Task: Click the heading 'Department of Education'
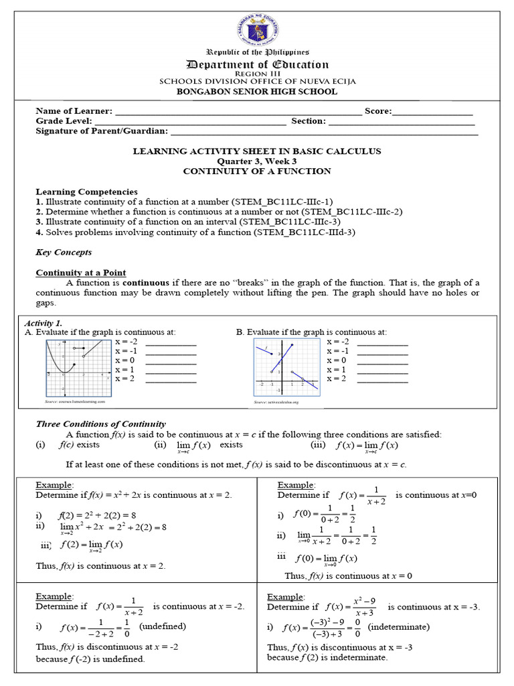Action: point(258,65)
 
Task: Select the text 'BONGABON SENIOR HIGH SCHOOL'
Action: point(257,92)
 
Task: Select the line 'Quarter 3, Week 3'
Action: point(257,161)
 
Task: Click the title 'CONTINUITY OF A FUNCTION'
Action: point(257,171)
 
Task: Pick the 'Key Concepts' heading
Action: point(64,253)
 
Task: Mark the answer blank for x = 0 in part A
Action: point(171,362)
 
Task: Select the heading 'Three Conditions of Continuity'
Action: point(100,424)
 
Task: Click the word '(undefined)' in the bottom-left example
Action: point(162,626)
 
